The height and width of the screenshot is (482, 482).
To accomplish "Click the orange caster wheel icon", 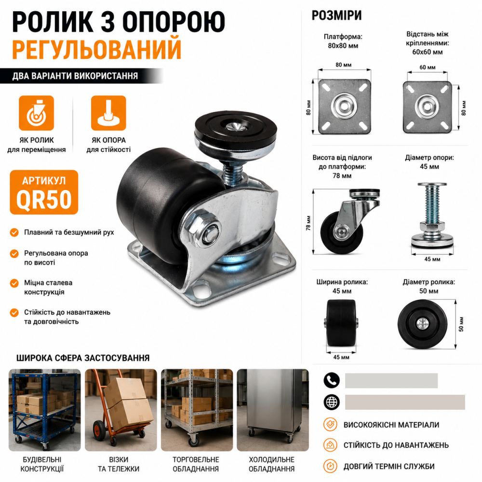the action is (36, 113).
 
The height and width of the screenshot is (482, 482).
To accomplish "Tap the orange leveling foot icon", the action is (108, 113).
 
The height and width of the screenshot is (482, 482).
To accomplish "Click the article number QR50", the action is (44, 200).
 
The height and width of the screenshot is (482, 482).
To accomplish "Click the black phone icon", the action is (332, 381).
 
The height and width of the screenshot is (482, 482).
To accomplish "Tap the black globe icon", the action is (332, 402).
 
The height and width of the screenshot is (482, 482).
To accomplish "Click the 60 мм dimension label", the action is (427, 67).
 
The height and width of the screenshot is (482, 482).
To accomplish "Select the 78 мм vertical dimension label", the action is (308, 223).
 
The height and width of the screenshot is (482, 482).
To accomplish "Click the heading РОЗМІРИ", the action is (336, 15).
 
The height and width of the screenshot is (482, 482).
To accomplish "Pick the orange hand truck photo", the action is (121, 410).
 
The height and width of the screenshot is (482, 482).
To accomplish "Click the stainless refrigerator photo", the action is (273, 410).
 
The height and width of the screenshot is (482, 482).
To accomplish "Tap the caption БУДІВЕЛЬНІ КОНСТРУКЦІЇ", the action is (42, 464).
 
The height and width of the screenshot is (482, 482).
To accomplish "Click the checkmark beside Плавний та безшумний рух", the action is (14, 232).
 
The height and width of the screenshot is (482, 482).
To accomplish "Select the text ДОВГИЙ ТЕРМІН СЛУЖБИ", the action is (389, 466).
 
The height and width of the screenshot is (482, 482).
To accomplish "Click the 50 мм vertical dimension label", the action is (461, 324).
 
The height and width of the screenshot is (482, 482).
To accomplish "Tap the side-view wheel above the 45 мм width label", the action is (341, 323).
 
